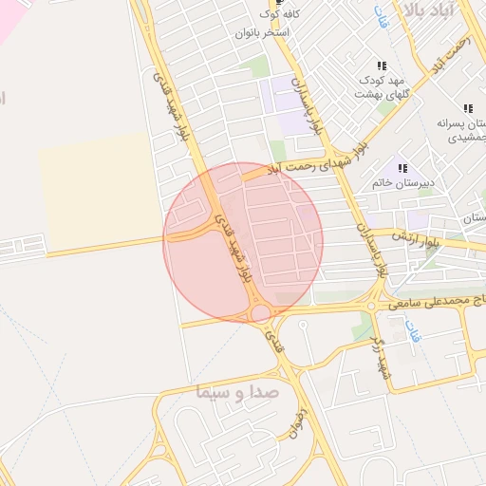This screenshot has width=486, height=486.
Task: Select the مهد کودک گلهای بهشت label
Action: click(381, 87)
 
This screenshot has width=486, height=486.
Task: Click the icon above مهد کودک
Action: click(381, 65)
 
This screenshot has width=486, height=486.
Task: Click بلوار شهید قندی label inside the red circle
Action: click(234, 244)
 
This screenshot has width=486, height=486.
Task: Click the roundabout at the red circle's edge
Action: click(259, 312)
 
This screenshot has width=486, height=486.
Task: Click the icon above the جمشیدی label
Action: click(467, 109)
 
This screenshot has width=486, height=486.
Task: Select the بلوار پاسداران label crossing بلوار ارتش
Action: click(370, 249)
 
